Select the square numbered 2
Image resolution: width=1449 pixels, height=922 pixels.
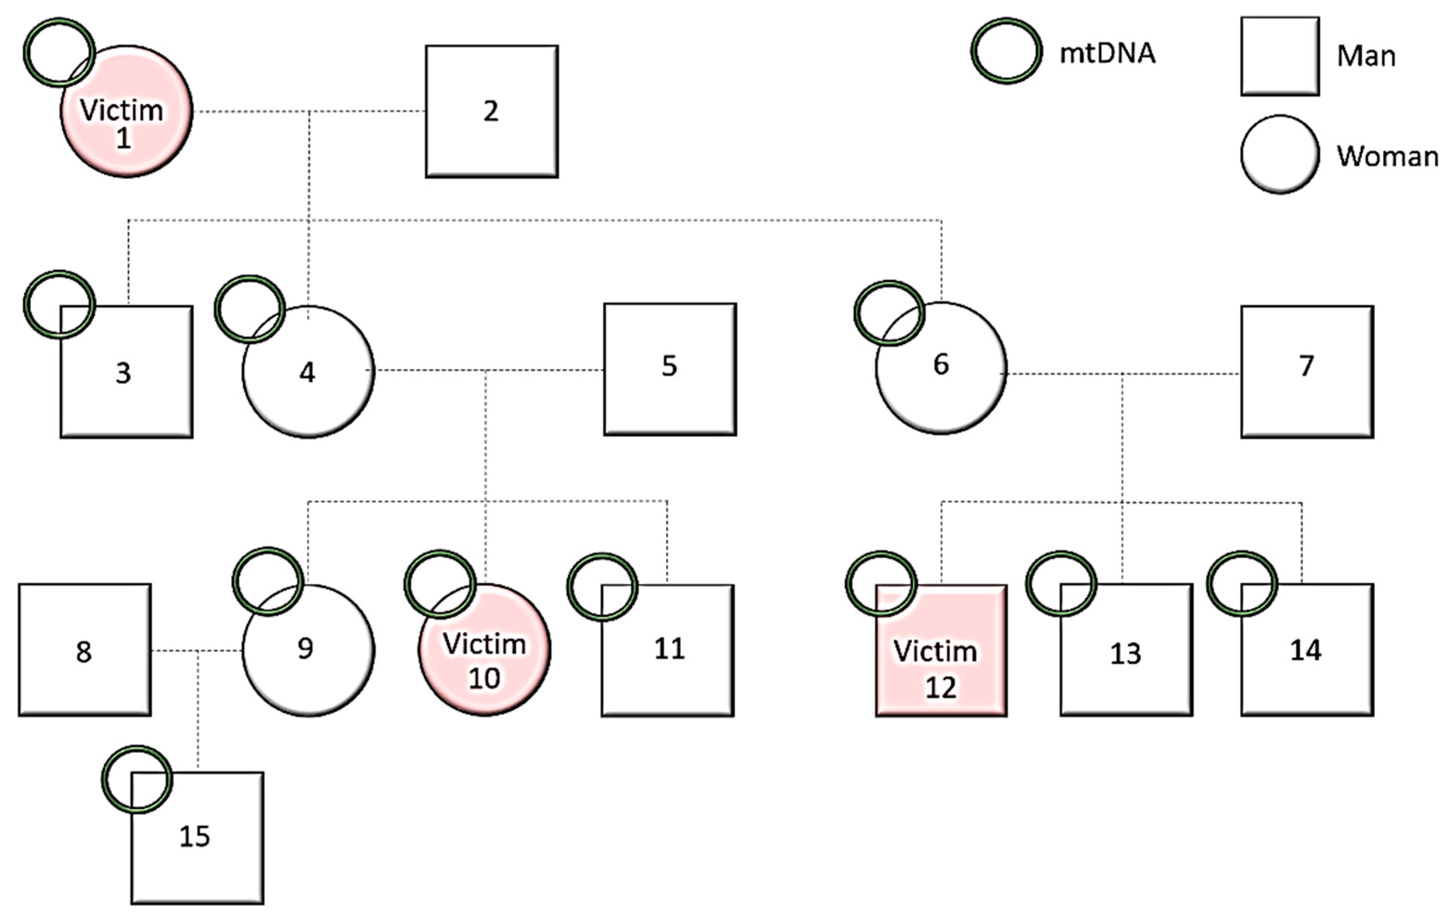click(492, 111)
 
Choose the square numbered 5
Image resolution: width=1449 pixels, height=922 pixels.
click(670, 369)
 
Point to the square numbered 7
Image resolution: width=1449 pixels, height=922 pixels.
click(1307, 372)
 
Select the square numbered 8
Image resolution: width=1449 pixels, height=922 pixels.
click(85, 650)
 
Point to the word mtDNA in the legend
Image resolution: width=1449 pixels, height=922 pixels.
click(1107, 53)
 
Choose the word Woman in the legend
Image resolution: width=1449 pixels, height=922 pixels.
click(1387, 157)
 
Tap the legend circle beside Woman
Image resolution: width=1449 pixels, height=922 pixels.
click(1280, 155)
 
